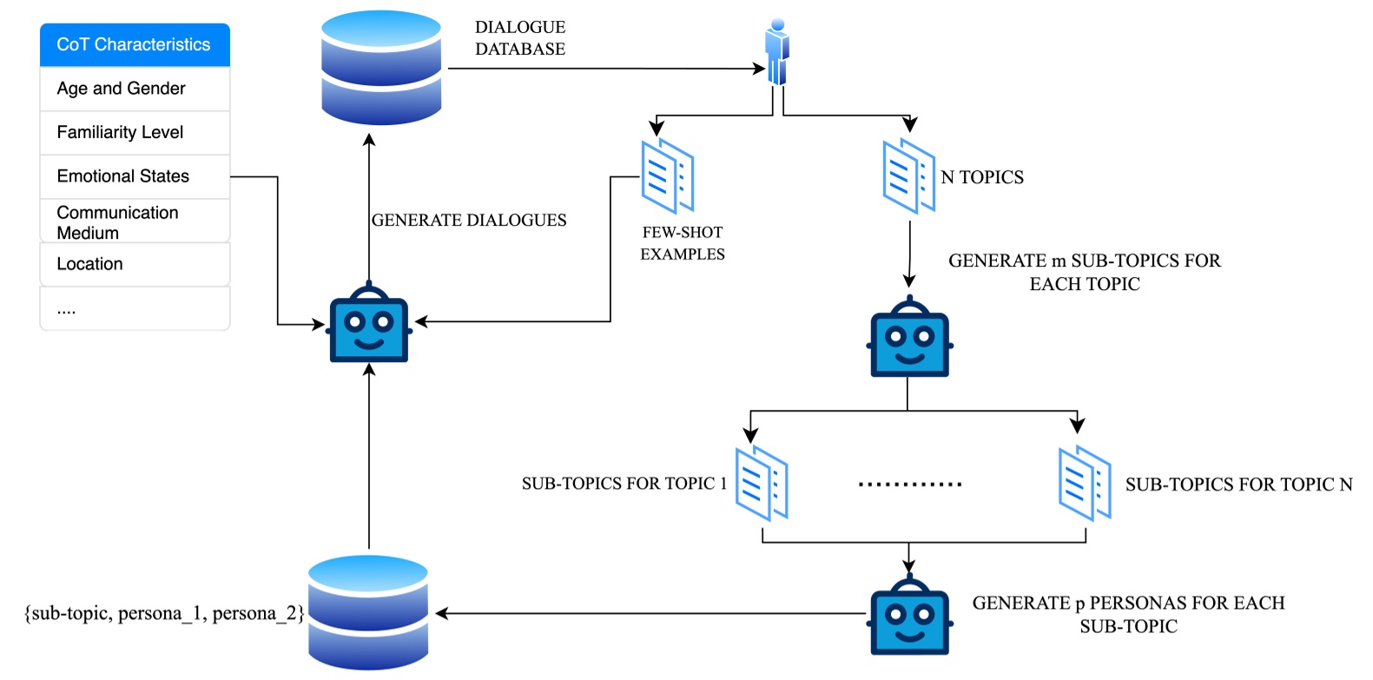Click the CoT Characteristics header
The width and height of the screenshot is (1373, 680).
135,45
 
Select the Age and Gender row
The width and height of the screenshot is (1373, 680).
135,89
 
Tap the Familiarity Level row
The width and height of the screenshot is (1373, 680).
135,133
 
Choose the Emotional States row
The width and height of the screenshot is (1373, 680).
135,176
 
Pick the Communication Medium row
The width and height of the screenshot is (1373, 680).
135,222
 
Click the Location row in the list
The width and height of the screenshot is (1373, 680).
135,264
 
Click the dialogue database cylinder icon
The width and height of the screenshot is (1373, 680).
381,68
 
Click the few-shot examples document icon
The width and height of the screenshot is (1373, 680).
667,176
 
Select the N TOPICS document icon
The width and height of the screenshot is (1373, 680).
908,176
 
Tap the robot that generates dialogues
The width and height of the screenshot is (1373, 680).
369,325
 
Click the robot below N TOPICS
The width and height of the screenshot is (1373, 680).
909,339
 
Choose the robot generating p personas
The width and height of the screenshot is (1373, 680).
909,617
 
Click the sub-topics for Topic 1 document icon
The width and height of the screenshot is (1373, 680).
761,483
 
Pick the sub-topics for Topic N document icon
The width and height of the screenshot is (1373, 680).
1085,483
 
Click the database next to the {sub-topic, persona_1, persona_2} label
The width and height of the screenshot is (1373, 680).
368,613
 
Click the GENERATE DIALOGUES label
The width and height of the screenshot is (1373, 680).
469,221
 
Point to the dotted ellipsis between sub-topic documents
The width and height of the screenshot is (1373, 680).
909,484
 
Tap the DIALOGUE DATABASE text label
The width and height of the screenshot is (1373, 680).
520,38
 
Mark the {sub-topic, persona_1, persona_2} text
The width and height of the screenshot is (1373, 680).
164,613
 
